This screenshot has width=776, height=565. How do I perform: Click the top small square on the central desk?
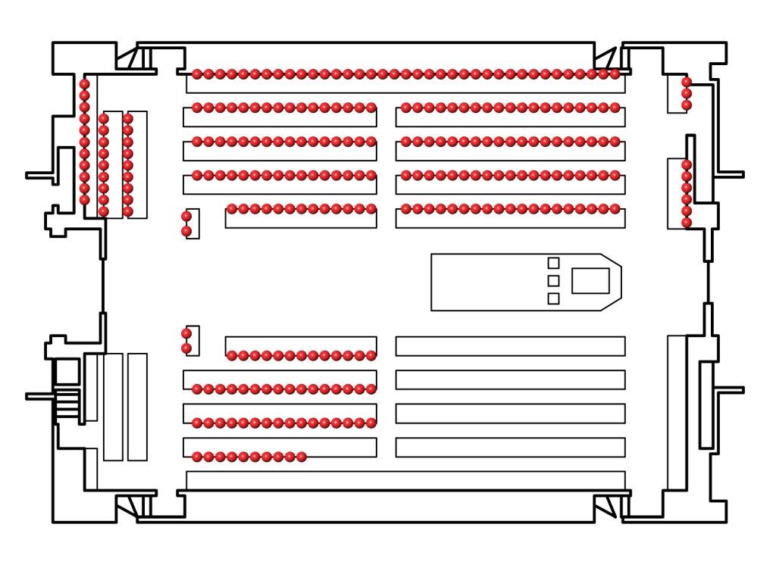tap(553, 263)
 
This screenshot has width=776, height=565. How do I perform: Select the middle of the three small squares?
tap(553, 281)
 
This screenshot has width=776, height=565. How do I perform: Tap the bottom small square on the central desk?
tap(553, 298)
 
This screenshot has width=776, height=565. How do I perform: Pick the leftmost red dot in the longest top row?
tap(197, 74)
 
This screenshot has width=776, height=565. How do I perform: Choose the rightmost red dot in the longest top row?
tap(615, 74)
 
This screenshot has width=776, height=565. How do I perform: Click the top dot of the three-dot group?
tap(687, 82)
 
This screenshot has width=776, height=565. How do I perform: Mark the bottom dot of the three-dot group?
tap(687, 105)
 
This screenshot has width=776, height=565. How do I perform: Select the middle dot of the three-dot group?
tap(687, 93)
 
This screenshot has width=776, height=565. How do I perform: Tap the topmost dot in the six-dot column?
tap(687, 165)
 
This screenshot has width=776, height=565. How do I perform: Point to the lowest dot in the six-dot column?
tap(687, 223)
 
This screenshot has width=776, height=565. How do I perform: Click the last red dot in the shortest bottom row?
tap(302, 456)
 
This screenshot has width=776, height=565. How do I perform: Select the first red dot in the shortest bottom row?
tap(197, 456)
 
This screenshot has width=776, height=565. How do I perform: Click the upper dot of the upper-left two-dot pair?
tap(186, 217)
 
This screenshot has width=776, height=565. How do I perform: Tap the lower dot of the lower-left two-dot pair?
tap(186, 348)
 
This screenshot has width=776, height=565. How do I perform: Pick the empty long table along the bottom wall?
tap(405, 480)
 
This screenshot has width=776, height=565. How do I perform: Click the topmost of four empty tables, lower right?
tap(510, 346)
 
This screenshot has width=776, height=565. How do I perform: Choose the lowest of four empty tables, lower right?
tap(510, 447)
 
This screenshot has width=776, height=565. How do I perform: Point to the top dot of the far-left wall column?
tap(85, 84)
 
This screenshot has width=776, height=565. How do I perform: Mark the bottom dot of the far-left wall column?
tap(85, 200)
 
